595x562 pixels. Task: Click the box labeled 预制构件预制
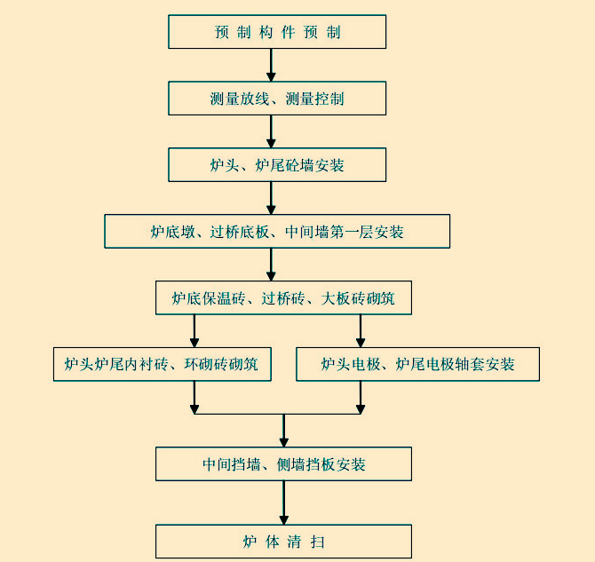[277, 32]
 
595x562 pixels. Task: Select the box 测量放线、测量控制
[277, 99]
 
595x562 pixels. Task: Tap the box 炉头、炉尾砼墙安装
[277, 165]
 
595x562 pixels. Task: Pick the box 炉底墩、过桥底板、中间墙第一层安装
[277, 232]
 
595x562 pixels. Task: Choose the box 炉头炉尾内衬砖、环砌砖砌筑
[162, 364]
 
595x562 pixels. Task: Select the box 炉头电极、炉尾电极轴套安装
[417, 364]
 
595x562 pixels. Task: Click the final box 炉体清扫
[283, 542]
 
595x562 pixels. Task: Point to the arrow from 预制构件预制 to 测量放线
[272, 65]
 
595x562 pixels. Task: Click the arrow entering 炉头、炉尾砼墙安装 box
[272, 131]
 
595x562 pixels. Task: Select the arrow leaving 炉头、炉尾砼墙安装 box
[272, 198]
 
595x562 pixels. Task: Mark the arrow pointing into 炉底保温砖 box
[272, 265]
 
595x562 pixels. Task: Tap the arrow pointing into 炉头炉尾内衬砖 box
[194, 331]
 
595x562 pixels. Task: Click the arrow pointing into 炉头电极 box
[361, 331]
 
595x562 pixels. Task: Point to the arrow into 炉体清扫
[284, 503]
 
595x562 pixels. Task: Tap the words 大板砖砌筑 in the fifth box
[358, 299]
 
